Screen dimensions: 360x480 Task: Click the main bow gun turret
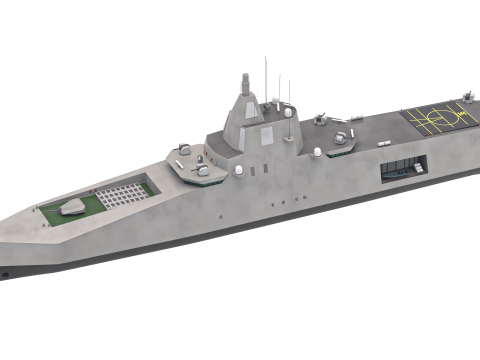[x=71, y=209]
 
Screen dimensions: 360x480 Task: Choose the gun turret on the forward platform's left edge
[x=182, y=150]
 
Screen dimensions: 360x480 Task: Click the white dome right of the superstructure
[x=317, y=152]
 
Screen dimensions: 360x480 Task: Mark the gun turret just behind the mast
[x=321, y=120]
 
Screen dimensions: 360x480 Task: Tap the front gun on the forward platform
[x=202, y=170]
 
